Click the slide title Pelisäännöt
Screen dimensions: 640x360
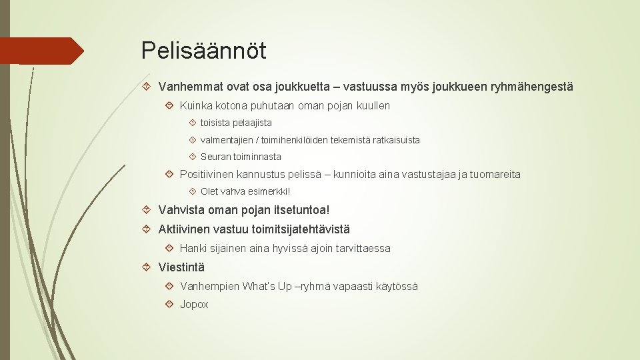pyautogui.click(x=204, y=51)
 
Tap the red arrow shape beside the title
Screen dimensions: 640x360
pyautogui.click(x=41, y=51)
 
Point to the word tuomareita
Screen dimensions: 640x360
pyautogui.click(x=495, y=174)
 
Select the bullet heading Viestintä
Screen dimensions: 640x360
pyautogui.click(x=181, y=267)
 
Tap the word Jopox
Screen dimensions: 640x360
pyautogui.click(x=194, y=305)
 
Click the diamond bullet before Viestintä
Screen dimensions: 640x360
pyautogui.click(x=146, y=267)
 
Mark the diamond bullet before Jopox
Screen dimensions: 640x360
pyautogui.click(x=169, y=304)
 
